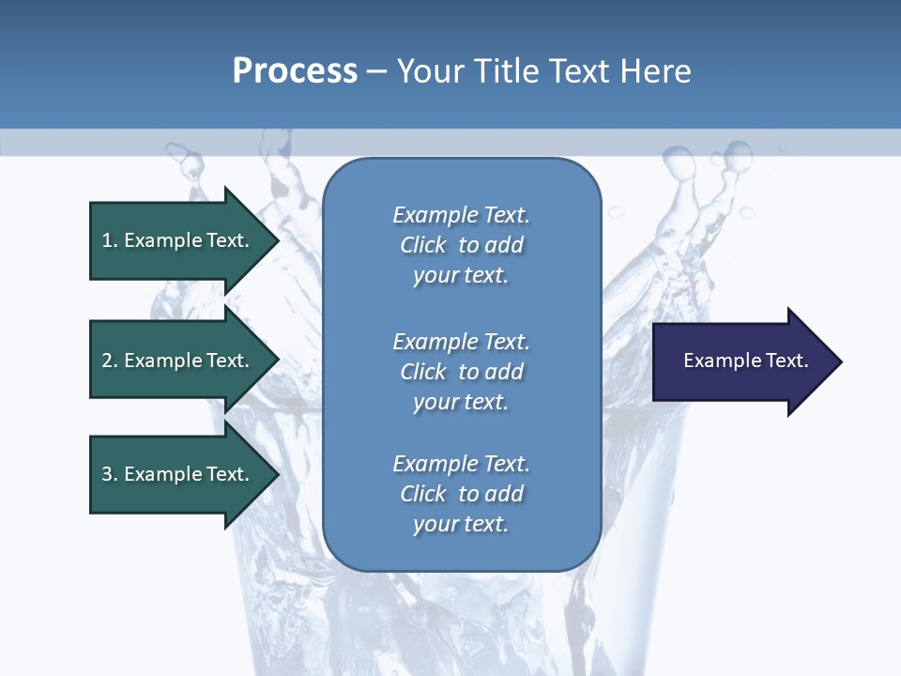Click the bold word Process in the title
[295, 71]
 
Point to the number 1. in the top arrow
[110, 240]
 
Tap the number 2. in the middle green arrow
[110, 361]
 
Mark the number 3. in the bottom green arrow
[110, 474]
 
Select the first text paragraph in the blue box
[461, 245]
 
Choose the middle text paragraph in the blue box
[461, 371]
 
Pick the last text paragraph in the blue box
[461, 494]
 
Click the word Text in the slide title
[578, 71]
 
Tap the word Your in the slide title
[431, 71]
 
